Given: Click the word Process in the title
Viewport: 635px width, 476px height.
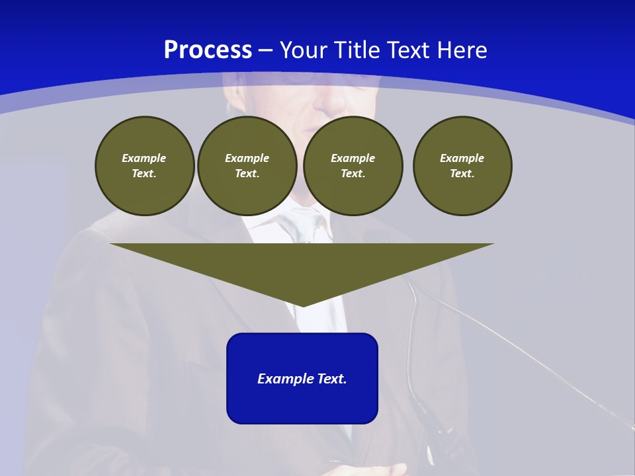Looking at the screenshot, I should (x=208, y=50).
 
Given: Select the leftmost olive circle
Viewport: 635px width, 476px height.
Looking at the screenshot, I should (x=144, y=165).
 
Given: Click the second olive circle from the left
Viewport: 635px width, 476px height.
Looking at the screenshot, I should (x=247, y=165).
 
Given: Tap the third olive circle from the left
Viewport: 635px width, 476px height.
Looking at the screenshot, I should (x=353, y=165).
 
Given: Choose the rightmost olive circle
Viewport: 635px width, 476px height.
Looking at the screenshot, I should (x=462, y=165).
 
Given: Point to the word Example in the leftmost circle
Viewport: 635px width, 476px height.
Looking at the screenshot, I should (x=144, y=158).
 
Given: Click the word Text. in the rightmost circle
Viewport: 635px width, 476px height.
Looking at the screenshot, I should (x=462, y=173).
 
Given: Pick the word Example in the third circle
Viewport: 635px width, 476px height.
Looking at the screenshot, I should (x=353, y=158).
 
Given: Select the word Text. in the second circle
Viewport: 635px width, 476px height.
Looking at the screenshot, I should (x=247, y=173).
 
